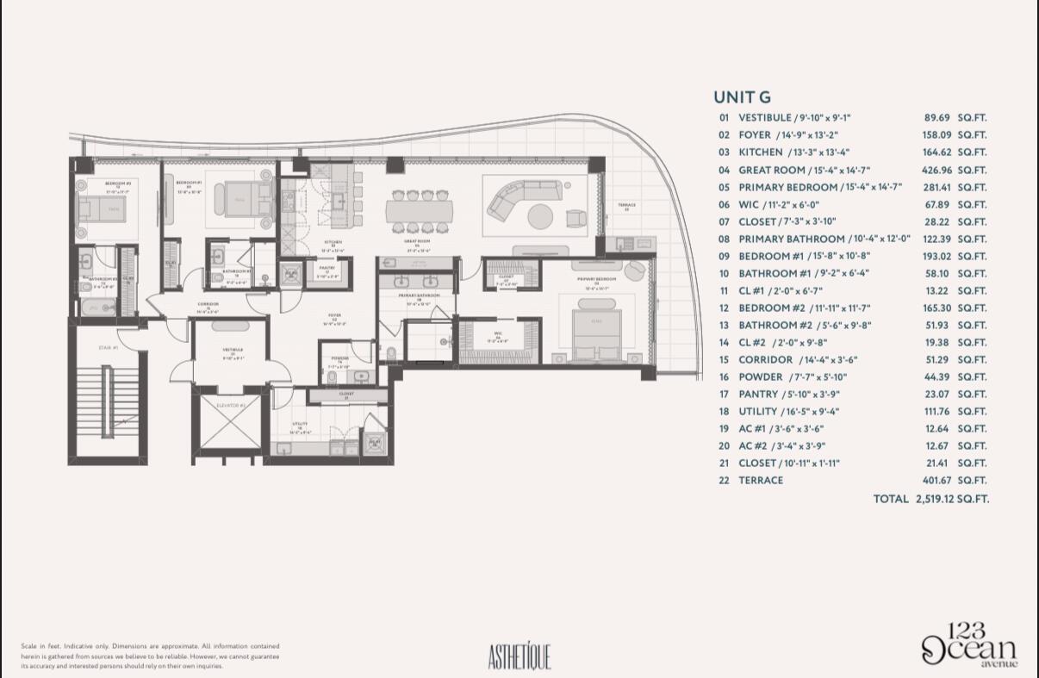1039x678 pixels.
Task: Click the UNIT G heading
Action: point(742,97)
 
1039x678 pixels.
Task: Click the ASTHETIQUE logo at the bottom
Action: point(519,656)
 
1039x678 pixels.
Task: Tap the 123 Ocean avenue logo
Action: point(969,645)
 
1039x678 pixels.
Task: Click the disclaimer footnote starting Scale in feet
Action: point(150,656)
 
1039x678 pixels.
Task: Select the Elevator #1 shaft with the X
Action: point(230,421)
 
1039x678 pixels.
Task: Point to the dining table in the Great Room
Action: point(417,211)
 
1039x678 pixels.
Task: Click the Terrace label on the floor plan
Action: point(626,207)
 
